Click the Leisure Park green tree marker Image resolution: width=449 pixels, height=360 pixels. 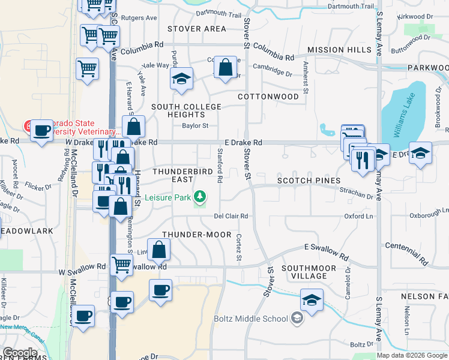[x=200, y=197]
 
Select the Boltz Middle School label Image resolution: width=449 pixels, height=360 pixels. [x=259, y=319]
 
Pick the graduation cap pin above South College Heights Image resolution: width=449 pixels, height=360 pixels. [x=181, y=79]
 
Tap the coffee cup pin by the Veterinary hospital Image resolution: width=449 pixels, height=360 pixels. [x=41, y=130]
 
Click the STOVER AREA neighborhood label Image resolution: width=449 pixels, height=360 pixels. [x=197, y=29]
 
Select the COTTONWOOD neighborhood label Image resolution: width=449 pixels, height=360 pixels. [x=268, y=97]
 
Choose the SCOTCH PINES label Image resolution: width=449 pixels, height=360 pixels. [x=309, y=181]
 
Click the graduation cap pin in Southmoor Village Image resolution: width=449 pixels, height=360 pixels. [x=312, y=300]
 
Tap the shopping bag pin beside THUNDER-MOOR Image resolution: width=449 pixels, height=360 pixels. [x=158, y=249]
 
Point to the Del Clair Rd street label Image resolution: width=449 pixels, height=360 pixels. [x=231, y=216]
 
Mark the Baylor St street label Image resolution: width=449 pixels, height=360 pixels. [x=195, y=126]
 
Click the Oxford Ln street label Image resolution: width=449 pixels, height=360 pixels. [x=358, y=216]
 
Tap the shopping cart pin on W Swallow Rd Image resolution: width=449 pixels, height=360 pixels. [x=122, y=264]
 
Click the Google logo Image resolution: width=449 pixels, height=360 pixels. [x=20, y=353]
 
